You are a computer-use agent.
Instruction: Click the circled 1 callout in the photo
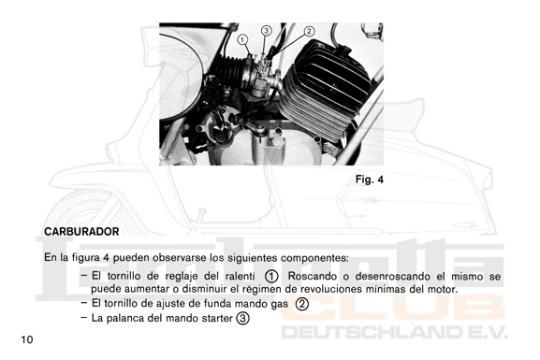coord(242,40)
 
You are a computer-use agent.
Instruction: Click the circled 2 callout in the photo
coord(309,31)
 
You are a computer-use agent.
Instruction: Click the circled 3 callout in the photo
coord(266,31)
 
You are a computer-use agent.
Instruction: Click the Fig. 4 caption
coord(370,180)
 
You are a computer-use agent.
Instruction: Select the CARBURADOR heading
coord(81,232)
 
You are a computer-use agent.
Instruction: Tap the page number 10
coord(27,339)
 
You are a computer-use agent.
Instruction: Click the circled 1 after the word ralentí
coord(271,277)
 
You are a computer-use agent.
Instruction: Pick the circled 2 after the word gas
coord(302,304)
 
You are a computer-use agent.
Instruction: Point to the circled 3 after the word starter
coord(242,318)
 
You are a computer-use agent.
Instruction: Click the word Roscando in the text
coord(313,277)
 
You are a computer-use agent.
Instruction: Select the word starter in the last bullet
coord(217,318)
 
